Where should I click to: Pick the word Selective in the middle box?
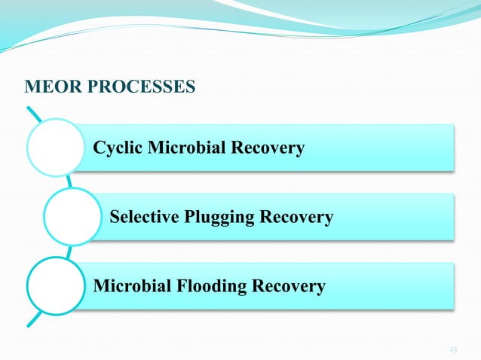coord(142,218)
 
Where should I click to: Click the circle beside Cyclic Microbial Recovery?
coord(55,147)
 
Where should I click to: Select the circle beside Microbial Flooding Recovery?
coord(55,285)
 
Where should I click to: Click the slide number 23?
coord(453,349)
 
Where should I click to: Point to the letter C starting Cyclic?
coord(99,148)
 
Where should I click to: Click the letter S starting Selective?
coord(115,218)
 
